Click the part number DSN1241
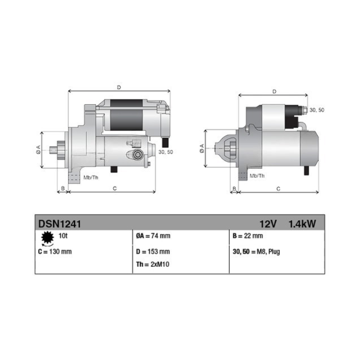59,224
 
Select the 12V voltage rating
268,224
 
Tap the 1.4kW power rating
302,224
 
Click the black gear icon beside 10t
48,238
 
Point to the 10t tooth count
63,236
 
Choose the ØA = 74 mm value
153,236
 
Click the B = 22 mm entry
248,236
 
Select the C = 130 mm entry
55,252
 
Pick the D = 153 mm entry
153,252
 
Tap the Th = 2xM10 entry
153,265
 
